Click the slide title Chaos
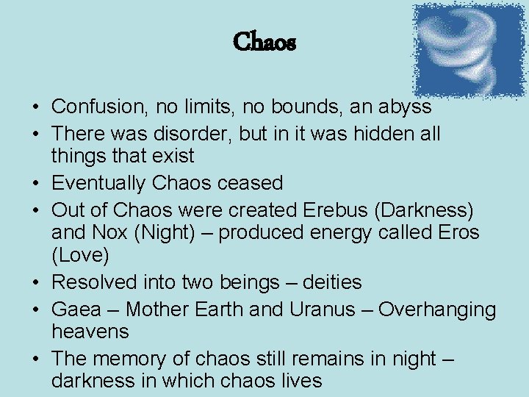264,43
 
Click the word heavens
90,332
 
